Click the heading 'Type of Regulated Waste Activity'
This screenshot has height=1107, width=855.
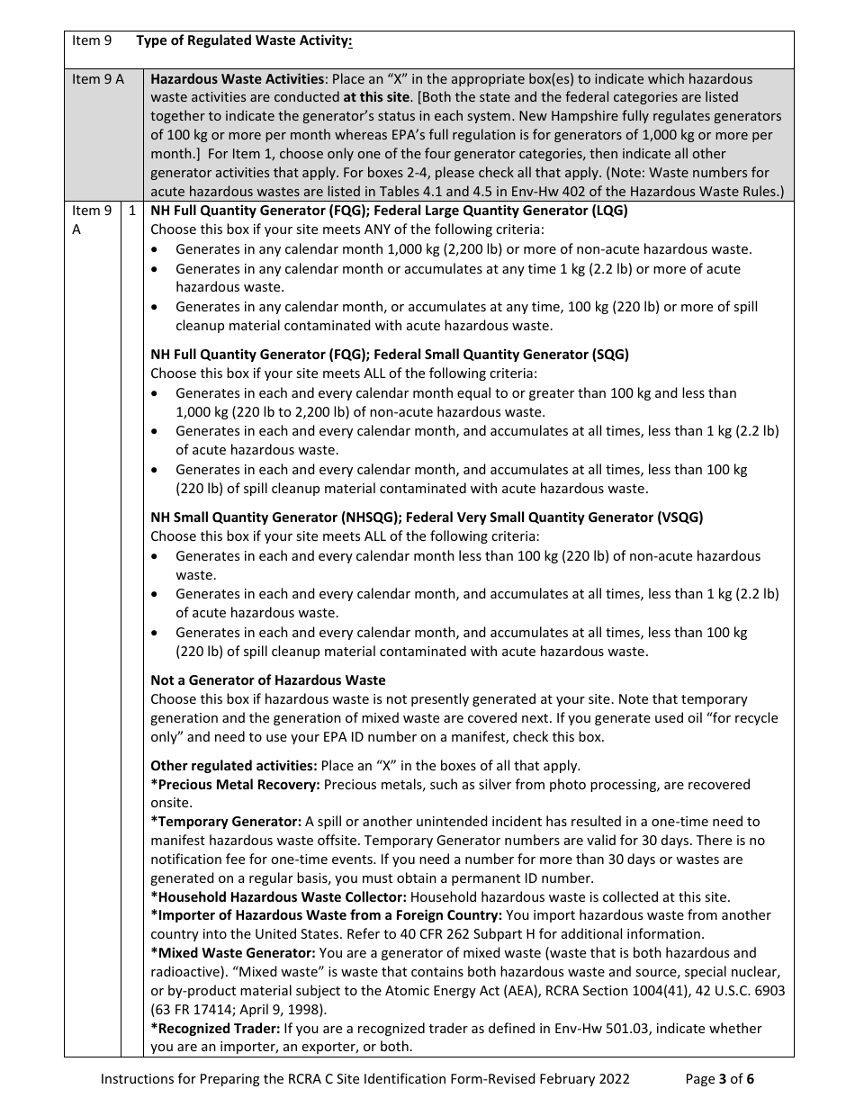[x=244, y=40]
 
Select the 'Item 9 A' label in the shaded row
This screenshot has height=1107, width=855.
[x=98, y=79]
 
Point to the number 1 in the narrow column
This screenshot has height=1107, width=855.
[x=131, y=211]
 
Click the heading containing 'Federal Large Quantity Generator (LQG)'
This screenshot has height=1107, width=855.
[x=389, y=211]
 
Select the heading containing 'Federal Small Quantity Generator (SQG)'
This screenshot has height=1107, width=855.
[x=390, y=355]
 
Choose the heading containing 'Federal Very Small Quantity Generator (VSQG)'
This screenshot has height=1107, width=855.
[x=427, y=517]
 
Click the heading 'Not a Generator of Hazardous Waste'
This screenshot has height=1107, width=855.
[x=267, y=680]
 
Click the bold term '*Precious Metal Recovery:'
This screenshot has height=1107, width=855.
[x=235, y=785]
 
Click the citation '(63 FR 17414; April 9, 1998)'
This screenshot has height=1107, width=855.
[x=239, y=1010]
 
